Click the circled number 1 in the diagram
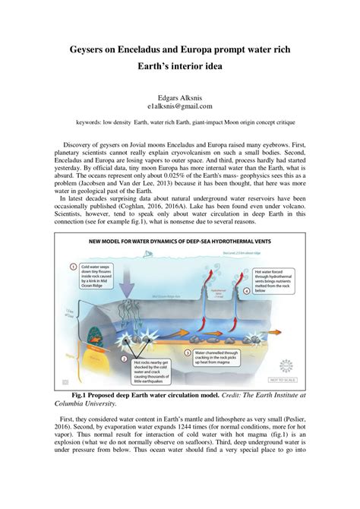(74, 267)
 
